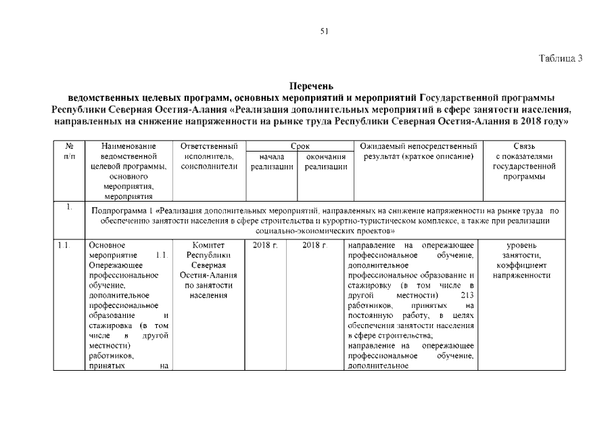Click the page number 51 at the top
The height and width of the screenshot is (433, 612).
[324, 30]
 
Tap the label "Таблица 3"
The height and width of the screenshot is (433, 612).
[561, 58]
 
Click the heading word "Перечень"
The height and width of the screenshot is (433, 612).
[311, 86]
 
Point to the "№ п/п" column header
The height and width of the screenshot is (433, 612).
[69, 151]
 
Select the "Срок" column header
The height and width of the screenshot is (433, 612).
[300, 145]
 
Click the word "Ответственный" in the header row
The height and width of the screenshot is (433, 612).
[209, 145]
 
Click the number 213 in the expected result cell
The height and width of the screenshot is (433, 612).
[466, 296]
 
